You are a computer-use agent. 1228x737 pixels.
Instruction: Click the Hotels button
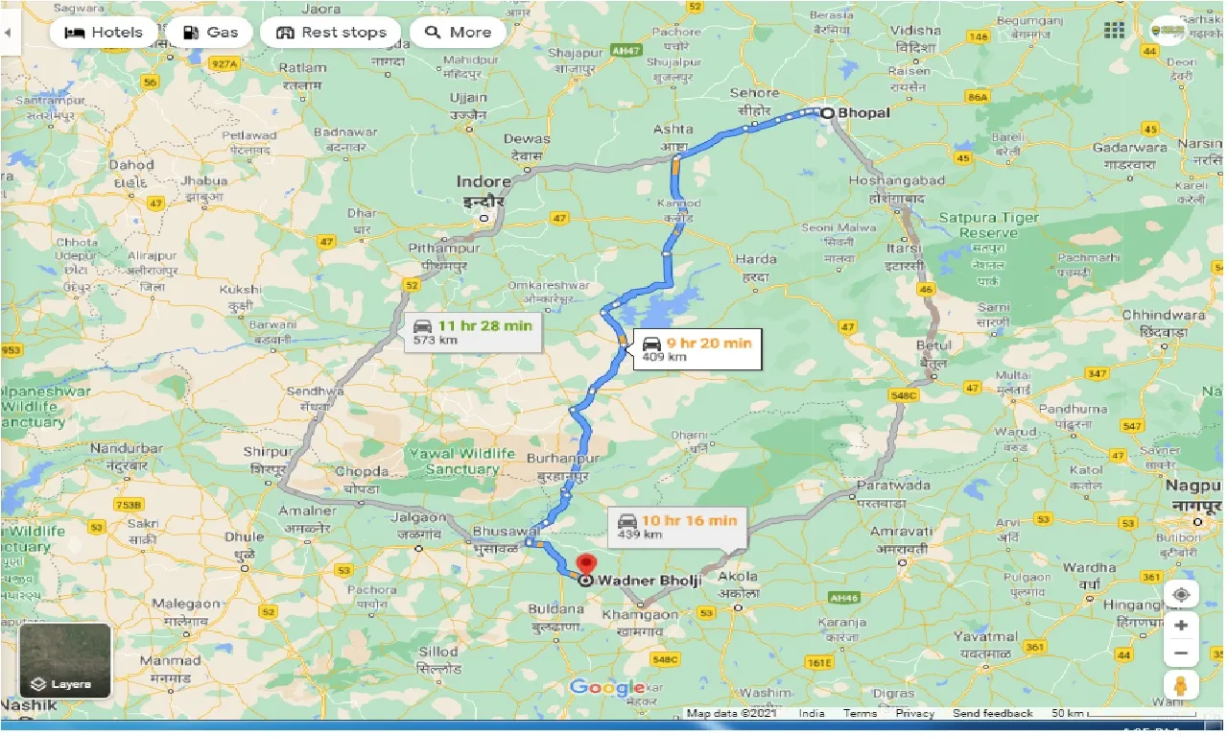click(x=103, y=32)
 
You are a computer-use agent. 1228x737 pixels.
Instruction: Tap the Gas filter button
click(x=208, y=32)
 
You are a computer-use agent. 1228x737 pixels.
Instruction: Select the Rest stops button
click(x=331, y=32)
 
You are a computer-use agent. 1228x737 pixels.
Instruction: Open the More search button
click(x=458, y=32)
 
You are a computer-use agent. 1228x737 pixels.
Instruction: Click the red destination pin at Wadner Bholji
click(x=585, y=566)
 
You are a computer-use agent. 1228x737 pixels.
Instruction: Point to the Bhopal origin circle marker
click(x=827, y=112)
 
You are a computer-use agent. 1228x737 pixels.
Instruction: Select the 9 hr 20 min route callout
click(x=695, y=349)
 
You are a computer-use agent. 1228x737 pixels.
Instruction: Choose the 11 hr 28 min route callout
click(x=473, y=332)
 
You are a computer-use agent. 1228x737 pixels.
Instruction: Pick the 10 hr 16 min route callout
click(x=677, y=527)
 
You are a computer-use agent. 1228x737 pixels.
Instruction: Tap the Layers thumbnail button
click(x=65, y=661)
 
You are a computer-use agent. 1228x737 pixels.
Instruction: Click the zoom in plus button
click(x=1181, y=626)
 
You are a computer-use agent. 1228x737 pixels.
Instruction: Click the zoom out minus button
click(x=1181, y=654)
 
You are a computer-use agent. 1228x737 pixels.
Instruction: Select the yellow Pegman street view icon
click(x=1181, y=686)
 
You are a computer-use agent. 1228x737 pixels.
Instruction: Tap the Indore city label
click(x=484, y=181)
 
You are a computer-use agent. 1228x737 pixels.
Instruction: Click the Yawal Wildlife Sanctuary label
click(x=462, y=461)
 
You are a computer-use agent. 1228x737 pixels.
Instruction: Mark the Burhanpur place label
click(x=556, y=460)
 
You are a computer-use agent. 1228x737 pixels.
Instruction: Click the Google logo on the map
click(x=606, y=687)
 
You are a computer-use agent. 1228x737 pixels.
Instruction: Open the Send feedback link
click(x=992, y=713)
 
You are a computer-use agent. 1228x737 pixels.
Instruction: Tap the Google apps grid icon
click(x=1114, y=31)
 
